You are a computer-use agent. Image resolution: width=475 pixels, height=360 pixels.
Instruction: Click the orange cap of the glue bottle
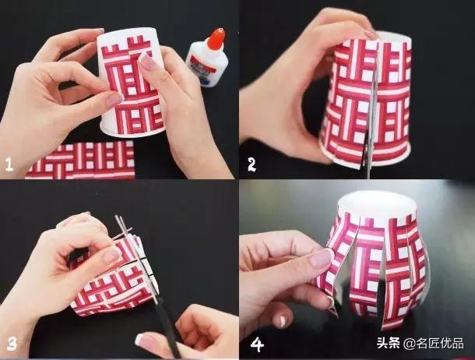(x=216, y=37)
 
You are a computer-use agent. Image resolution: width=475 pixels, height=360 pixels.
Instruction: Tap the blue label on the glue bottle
(x=201, y=69)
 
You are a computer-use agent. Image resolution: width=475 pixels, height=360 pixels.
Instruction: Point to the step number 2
(x=252, y=164)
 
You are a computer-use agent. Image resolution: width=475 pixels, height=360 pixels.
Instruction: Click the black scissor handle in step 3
(x=160, y=327)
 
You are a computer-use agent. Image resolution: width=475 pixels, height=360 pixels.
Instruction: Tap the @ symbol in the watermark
(x=408, y=343)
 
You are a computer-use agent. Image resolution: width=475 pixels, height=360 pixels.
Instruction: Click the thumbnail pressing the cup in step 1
(x=114, y=99)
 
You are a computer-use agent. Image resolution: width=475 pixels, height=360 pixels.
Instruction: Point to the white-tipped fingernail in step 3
(x=146, y=340)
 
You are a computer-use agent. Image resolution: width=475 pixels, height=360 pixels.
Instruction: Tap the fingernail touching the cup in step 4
(x=322, y=258)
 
